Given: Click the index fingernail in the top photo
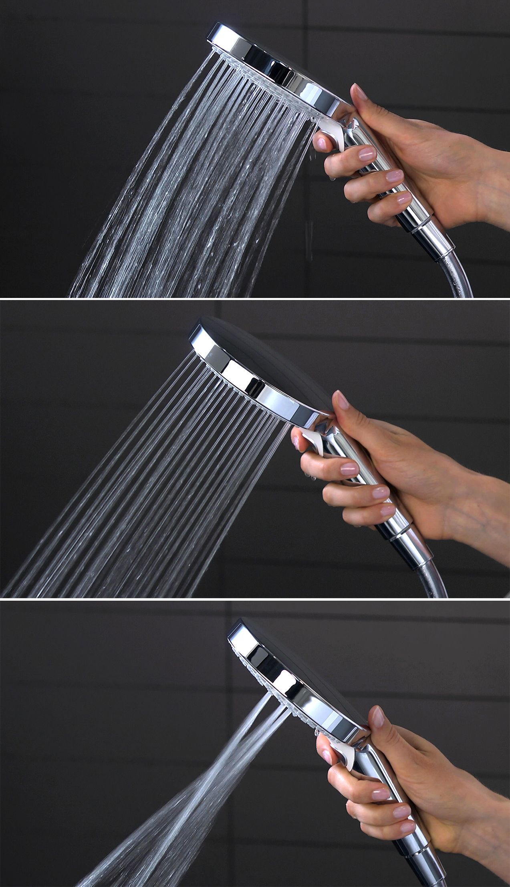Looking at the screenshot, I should coord(320,141).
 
